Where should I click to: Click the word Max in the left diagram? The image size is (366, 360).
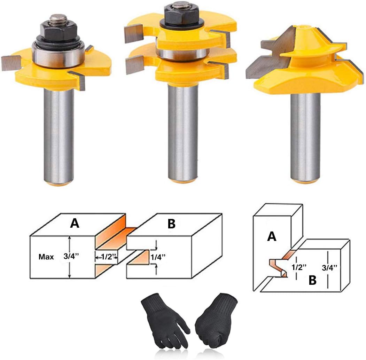(x=47, y=257)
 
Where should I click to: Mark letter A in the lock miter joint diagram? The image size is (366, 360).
(x=272, y=237)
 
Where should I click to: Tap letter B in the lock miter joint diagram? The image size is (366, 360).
(x=312, y=281)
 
